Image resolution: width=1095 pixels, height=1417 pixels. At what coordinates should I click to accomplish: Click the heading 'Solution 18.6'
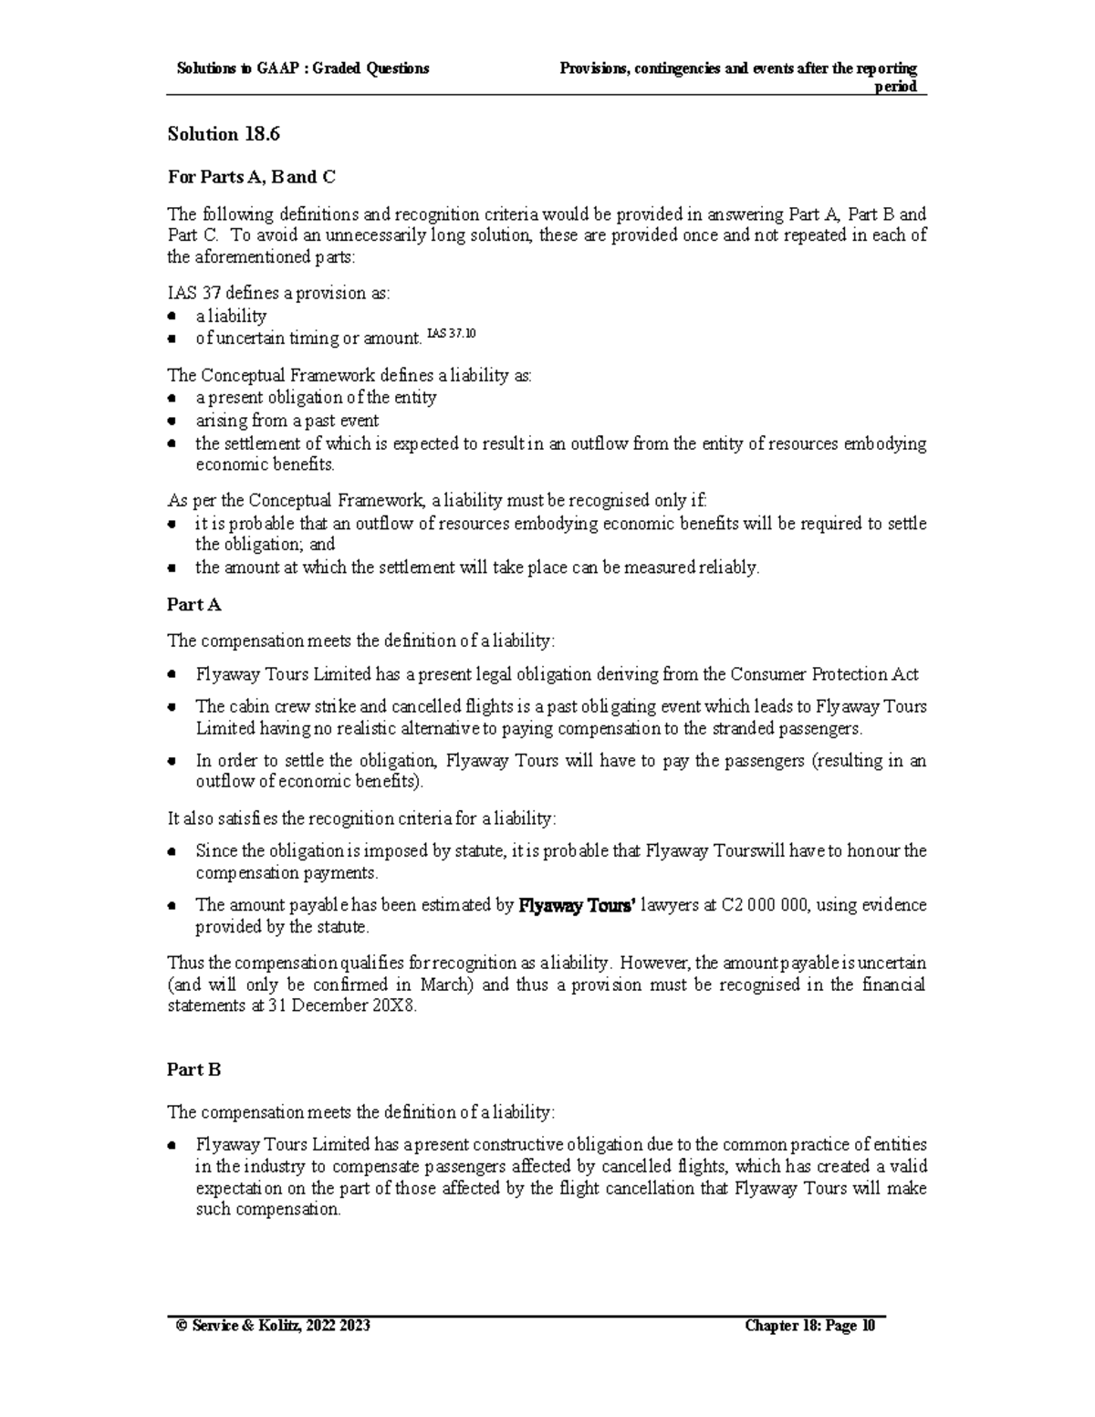coord(223,134)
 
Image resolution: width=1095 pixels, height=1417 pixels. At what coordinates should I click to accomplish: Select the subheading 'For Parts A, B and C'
coord(251,176)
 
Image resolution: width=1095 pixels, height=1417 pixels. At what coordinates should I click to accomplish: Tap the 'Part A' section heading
coord(193,604)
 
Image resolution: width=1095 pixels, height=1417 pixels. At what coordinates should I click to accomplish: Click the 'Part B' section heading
coord(193,1068)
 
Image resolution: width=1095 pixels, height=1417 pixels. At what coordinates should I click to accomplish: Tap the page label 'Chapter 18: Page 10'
coord(809,1326)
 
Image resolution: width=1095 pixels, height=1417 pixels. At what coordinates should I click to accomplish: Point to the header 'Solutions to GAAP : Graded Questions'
coord(303,68)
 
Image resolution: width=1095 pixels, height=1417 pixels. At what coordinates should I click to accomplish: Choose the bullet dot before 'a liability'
coord(172,317)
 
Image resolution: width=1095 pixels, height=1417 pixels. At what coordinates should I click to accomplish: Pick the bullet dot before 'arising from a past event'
coord(172,422)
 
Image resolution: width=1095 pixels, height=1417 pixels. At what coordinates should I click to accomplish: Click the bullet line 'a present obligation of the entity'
coord(316,398)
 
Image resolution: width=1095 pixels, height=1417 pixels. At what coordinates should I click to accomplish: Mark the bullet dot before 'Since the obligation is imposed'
coord(172,852)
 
